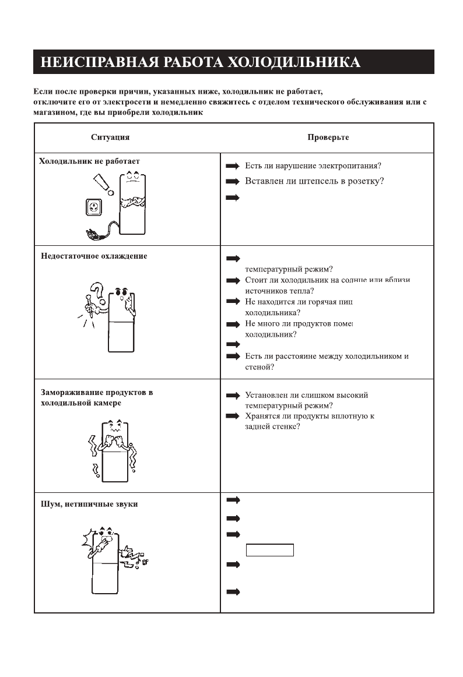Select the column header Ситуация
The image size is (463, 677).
point(110,137)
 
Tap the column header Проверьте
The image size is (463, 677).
point(328,137)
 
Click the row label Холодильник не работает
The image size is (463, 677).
point(89,161)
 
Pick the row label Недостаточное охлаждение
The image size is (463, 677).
point(94,256)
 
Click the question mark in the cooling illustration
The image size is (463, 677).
point(97,292)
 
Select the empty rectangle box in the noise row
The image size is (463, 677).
point(270,550)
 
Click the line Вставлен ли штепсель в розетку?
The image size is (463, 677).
point(314,181)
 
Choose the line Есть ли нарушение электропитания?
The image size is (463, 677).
point(313,165)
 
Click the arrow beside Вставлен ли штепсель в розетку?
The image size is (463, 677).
point(233,182)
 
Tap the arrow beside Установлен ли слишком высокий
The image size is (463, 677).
point(233,396)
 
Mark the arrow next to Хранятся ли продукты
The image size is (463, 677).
point(233,416)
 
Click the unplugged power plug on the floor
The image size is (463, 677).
point(92,235)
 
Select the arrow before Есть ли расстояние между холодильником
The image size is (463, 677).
point(233,356)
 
